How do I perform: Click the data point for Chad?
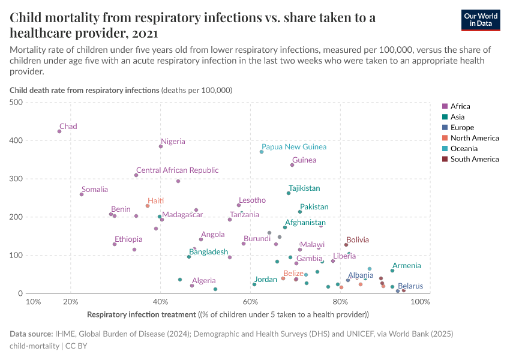[59, 131]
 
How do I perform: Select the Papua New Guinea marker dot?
[262, 152]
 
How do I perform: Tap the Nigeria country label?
[173, 142]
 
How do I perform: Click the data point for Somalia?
[82, 194]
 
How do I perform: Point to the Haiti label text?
[156, 201]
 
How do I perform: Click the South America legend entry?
[474, 160]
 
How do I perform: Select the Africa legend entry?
[460, 106]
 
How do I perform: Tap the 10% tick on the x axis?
[34, 302]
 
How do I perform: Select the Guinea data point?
[292, 165]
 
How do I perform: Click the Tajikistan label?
[304, 188]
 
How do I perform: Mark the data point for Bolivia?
[346, 245]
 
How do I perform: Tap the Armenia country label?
[406, 265]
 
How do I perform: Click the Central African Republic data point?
[136, 175]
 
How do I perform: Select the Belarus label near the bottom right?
[410, 286]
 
